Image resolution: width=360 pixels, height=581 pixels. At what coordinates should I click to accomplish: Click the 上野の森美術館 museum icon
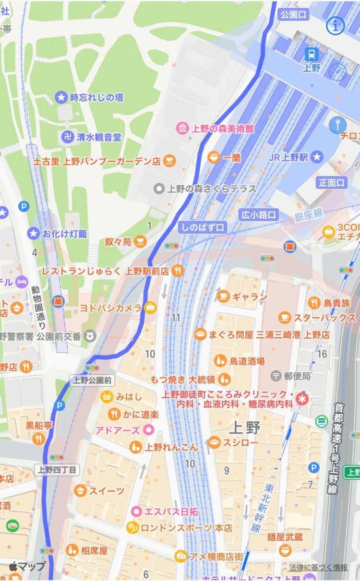pyautogui.click(x=183, y=129)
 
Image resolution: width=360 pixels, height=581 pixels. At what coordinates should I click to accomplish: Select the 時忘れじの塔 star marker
pyautogui.click(x=61, y=97)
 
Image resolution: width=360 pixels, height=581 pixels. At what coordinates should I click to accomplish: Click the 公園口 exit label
pyautogui.click(x=293, y=14)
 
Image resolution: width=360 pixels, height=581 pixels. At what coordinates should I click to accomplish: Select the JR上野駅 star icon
pyautogui.click(x=316, y=156)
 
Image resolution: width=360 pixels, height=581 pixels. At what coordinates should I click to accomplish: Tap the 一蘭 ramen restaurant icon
pyautogui.click(x=214, y=157)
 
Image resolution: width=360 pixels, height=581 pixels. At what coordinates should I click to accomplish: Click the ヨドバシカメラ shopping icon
pyautogui.click(x=151, y=308)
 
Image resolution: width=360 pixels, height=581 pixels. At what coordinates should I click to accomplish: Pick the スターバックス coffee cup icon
pyautogui.click(x=285, y=318)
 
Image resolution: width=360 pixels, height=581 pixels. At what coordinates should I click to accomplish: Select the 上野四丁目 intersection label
pyautogui.click(x=57, y=469)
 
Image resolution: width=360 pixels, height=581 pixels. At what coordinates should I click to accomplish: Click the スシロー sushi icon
pyautogui.click(x=214, y=442)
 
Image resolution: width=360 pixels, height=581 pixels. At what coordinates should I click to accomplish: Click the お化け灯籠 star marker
pyautogui.click(x=33, y=234)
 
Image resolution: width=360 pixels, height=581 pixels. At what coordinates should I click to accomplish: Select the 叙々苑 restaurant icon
pyautogui.click(x=140, y=241)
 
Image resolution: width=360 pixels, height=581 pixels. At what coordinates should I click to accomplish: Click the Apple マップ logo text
pyautogui.click(x=27, y=566)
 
